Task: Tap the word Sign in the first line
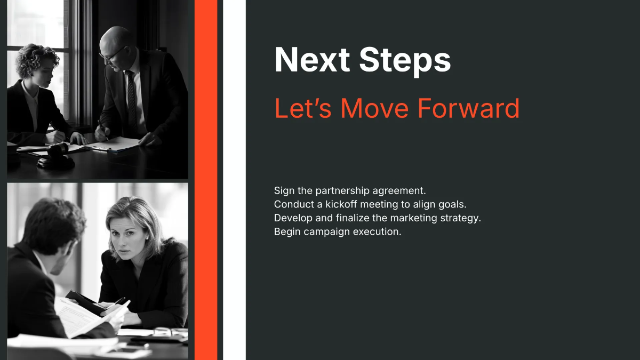(284, 191)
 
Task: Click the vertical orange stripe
(206, 180)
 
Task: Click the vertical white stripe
(234, 180)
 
